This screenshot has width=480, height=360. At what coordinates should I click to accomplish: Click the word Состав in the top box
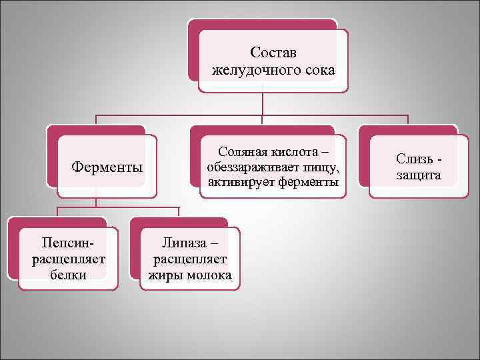273,52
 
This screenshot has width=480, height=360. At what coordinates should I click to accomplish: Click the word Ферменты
107,166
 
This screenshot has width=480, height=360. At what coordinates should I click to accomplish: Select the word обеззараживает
253,167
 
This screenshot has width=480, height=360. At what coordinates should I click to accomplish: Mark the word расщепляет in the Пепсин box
68,259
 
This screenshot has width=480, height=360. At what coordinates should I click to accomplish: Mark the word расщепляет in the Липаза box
190,259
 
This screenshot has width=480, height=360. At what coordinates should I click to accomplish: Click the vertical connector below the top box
263,103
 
